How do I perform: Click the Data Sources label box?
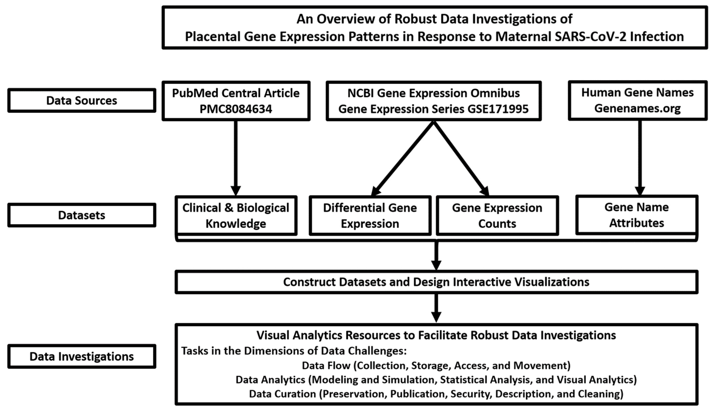[x=81, y=100]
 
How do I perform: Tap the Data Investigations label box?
[x=81, y=356]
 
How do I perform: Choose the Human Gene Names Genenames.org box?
[x=637, y=100]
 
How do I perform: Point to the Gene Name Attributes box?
[x=636, y=215]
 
